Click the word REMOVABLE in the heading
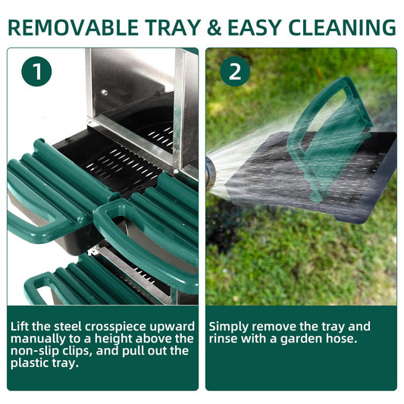pos(74,27)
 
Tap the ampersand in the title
pos(214,27)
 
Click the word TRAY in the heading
pos(173,27)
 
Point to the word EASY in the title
pos(255,27)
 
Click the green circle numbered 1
pos(36,71)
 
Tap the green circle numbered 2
pos(235,71)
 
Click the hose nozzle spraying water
pos(210,171)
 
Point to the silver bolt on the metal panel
pos(105,92)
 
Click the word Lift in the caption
pos(20,327)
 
